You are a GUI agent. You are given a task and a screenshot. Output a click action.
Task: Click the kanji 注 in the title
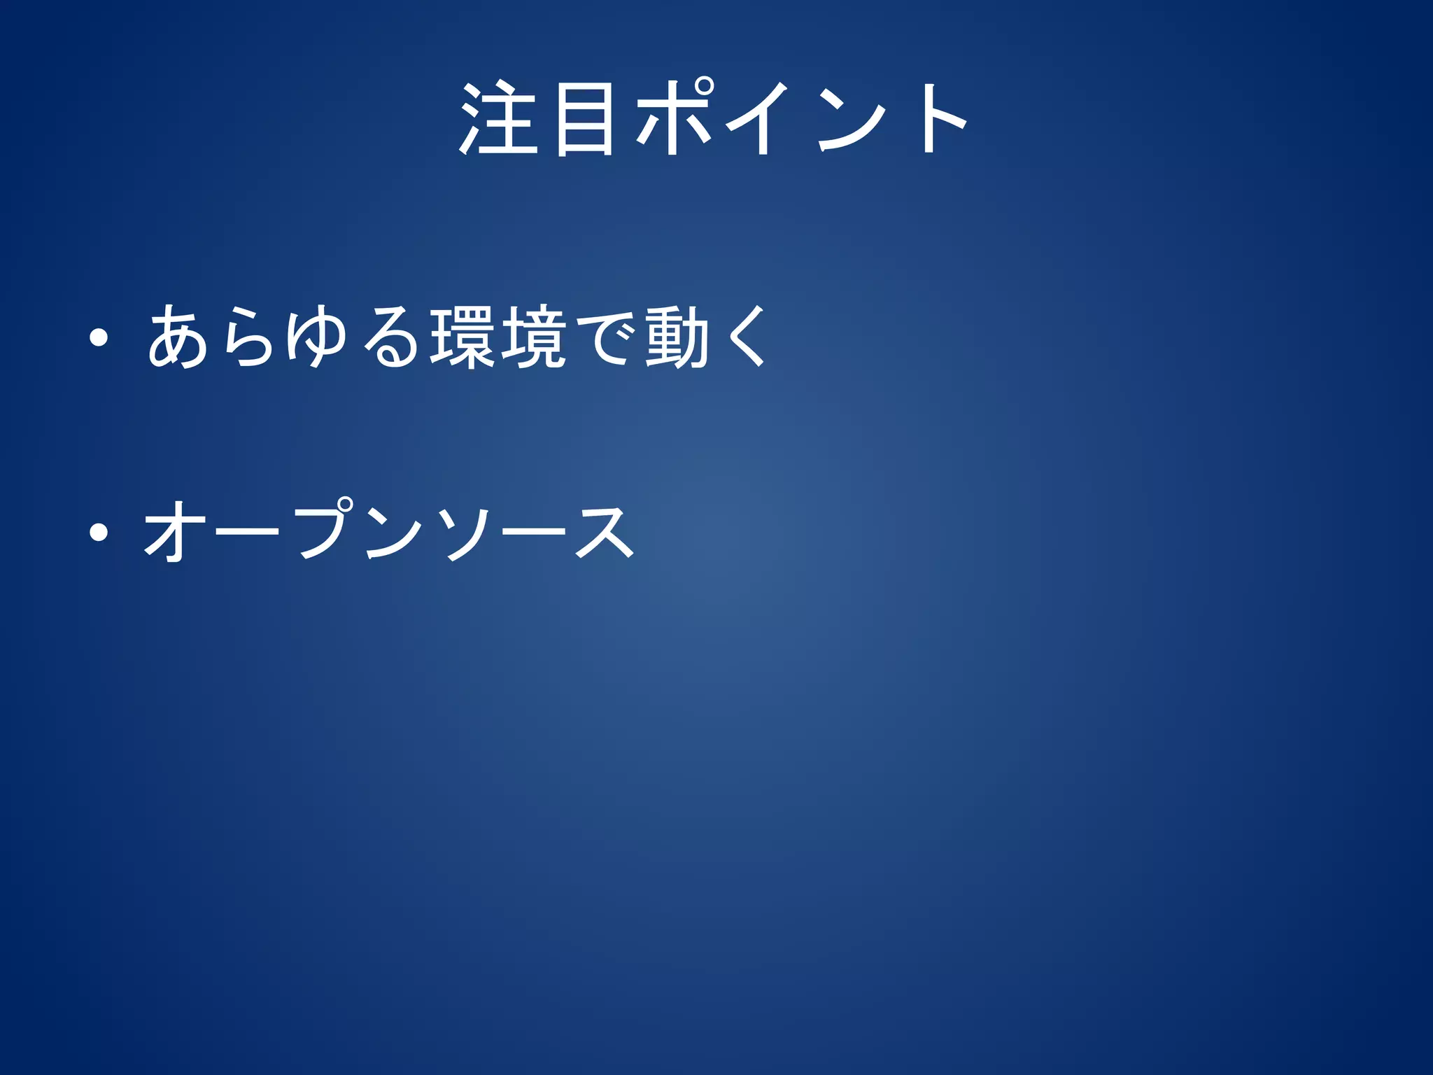coord(497,119)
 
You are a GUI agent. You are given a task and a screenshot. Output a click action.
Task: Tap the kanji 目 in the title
coord(585,119)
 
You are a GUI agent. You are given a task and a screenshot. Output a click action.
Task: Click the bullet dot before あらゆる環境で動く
coord(99,339)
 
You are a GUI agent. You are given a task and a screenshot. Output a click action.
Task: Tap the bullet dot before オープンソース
coord(99,533)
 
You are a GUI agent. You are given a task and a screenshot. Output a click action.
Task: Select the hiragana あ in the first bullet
coord(178,337)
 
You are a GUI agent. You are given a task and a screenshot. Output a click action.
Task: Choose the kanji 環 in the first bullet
coord(463,337)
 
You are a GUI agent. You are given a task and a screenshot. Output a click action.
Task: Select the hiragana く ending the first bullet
coord(746,337)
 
